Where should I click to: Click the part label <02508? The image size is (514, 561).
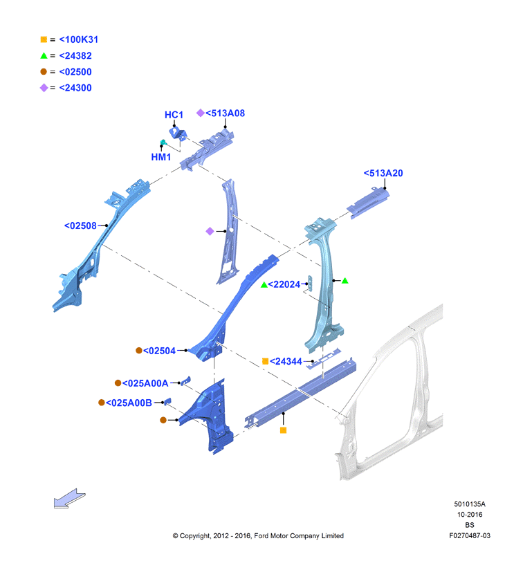[x=80, y=226]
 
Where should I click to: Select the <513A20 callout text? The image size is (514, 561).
[x=383, y=173]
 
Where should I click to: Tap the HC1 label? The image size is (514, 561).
[x=174, y=115]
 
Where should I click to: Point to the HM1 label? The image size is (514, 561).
[x=161, y=157]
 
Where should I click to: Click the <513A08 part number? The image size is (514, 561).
[x=225, y=113]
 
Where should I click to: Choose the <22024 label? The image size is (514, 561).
[x=284, y=284]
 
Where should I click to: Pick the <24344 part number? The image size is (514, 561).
[x=286, y=361]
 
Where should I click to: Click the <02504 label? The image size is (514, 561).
[x=159, y=351]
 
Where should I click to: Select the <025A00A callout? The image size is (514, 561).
[x=145, y=383]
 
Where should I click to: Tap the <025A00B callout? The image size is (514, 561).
[x=129, y=403]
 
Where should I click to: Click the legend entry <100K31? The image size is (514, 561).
[x=79, y=39]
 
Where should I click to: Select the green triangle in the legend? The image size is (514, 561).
[x=44, y=55]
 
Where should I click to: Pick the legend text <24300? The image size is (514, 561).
[x=75, y=88]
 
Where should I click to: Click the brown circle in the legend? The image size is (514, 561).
[x=44, y=71]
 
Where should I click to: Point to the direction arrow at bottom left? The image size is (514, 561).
[x=69, y=498]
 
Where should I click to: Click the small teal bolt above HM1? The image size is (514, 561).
[x=163, y=142]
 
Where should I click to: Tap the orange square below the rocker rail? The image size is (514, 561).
[x=284, y=430]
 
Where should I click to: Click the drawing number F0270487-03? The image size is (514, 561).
[x=470, y=535]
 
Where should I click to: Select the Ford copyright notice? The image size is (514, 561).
[x=258, y=535]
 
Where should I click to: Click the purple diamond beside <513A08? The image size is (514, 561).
[x=201, y=113]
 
